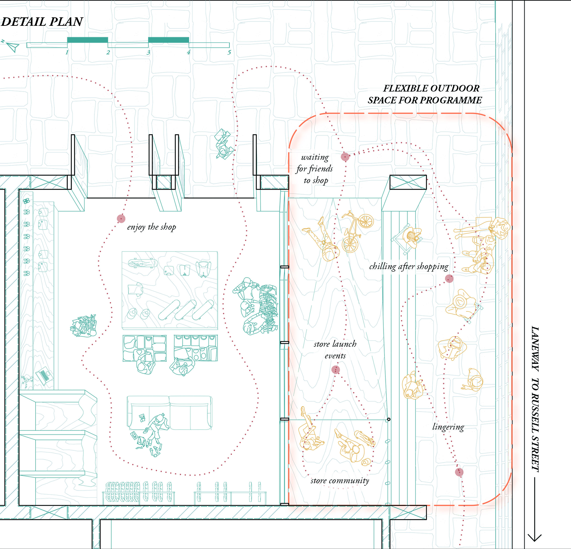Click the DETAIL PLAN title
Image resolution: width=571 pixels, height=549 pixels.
point(42,22)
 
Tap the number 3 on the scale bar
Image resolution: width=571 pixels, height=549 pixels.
point(148,53)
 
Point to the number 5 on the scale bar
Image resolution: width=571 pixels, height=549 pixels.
point(229,53)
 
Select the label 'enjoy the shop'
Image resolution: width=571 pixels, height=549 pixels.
point(151,227)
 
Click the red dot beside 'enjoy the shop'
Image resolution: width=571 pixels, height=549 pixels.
point(121,219)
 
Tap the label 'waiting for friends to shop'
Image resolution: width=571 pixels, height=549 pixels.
point(315,169)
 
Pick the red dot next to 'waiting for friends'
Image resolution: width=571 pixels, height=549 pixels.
point(345,157)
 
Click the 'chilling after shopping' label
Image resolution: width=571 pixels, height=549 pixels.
point(409,267)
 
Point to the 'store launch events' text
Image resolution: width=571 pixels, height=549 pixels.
point(335,350)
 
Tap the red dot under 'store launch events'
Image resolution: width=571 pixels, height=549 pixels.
point(336,370)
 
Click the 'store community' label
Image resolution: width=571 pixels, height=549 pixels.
point(340,481)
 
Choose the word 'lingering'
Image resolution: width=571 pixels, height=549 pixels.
point(448,427)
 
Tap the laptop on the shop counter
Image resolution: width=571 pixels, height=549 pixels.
point(44,376)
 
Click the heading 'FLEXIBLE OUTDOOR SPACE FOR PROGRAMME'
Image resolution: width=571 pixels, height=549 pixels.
point(425,94)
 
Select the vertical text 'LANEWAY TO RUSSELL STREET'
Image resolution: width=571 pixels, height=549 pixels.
point(535,399)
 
